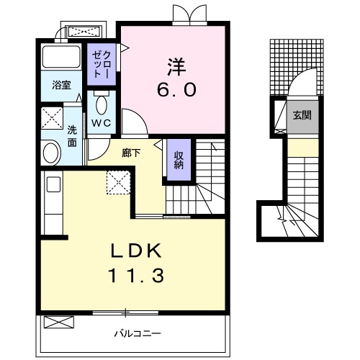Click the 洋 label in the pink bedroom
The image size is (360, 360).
[x=176, y=66]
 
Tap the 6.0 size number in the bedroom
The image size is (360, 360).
[x=177, y=90]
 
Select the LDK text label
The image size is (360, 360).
[x=136, y=251]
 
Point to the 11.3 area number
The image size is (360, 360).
[x=136, y=275]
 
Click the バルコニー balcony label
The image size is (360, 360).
[x=138, y=333]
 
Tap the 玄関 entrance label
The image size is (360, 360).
[x=302, y=115]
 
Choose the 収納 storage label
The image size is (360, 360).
[x=179, y=160]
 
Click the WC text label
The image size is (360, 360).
[x=102, y=123]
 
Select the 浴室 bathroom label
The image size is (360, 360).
[x=61, y=85]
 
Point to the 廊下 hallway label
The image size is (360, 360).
[x=131, y=153]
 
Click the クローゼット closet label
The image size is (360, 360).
[x=102, y=64]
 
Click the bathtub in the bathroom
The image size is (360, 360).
[x=61, y=57]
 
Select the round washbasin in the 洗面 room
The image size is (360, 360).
[x=50, y=153]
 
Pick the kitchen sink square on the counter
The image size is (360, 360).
[x=53, y=184]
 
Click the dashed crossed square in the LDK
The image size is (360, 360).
[x=119, y=182]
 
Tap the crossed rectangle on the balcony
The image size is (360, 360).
[x=59, y=322]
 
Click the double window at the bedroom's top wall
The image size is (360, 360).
[x=190, y=15]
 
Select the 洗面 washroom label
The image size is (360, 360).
[x=72, y=136]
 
